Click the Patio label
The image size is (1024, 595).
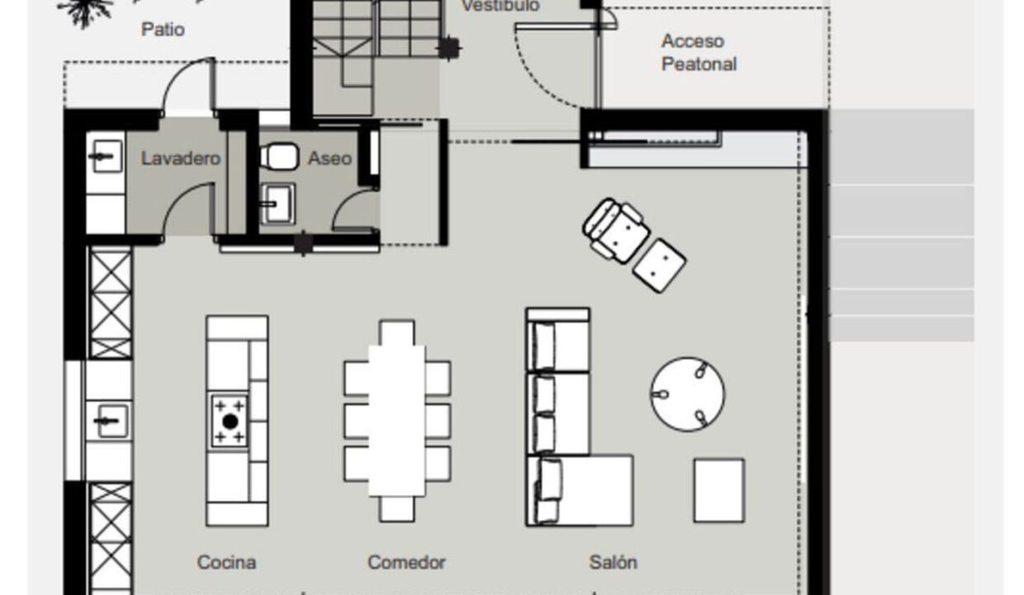point(163,30)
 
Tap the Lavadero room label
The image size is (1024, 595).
point(181,159)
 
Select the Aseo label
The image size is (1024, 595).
point(329,159)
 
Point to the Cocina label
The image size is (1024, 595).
point(226,562)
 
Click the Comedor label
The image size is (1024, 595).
point(406,562)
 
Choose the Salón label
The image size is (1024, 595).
point(613,562)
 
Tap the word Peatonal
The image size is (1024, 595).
point(699,64)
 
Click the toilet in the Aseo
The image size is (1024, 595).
point(279,156)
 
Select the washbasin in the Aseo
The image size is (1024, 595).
point(277,204)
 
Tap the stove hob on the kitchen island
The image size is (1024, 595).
point(230,421)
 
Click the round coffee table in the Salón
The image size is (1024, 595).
point(688,394)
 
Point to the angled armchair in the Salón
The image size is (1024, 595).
point(616,231)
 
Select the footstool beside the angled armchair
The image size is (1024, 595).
point(659,266)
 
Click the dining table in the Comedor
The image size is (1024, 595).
point(396,421)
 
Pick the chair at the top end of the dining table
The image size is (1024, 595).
point(396,333)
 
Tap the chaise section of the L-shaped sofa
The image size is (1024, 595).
point(580,490)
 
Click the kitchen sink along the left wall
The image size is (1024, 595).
point(108,421)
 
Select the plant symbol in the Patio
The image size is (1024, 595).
point(86,12)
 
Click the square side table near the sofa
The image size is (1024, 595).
point(719,491)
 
